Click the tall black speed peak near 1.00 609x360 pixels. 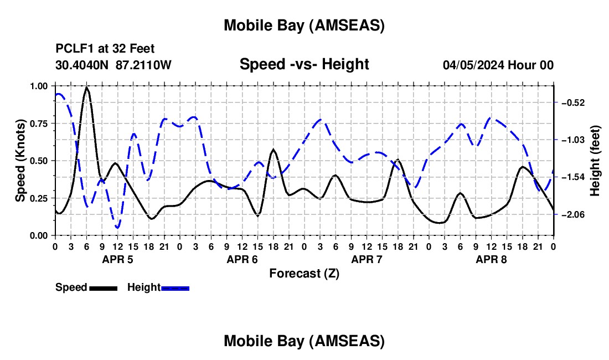click(x=86, y=88)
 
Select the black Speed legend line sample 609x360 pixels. click(x=102, y=287)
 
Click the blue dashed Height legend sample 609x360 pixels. click(x=175, y=287)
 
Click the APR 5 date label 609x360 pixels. click(x=117, y=259)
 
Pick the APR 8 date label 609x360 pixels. click(x=491, y=259)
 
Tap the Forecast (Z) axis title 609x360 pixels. click(x=304, y=273)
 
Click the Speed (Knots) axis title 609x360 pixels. click(x=20, y=161)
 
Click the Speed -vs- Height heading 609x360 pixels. click(x=304, y=64)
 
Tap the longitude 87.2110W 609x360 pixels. click(x=143, y=65)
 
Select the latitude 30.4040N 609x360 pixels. click(x=83, y=65)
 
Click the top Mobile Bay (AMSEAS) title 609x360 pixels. click(x=304, y=25)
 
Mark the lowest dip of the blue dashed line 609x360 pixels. click(x=117, y=228)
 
